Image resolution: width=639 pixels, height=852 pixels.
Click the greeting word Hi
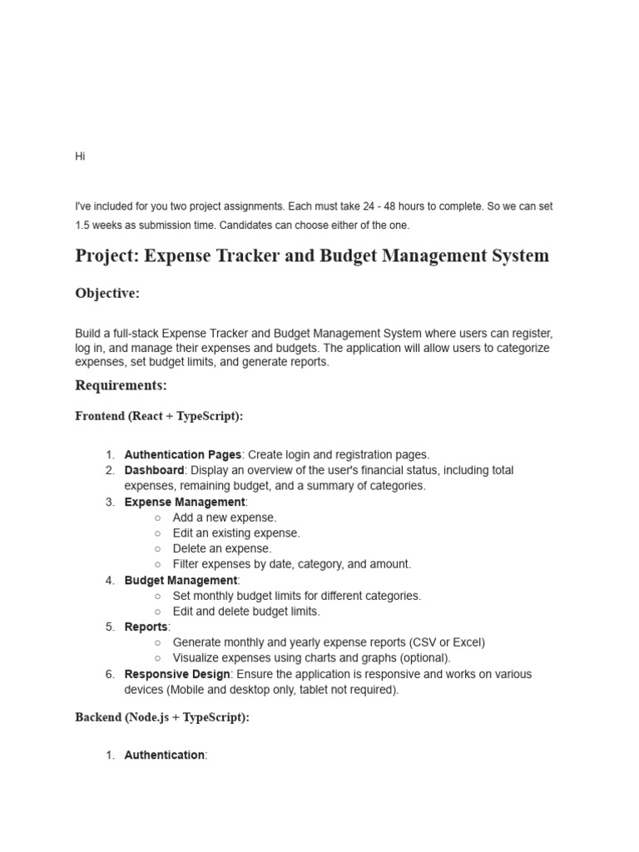click(x=80, y=156)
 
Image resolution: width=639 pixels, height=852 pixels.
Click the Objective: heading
click(x=107, y=293)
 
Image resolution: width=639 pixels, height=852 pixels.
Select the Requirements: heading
click(x=121, y=385)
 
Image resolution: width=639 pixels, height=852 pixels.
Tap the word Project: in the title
click(x=106, y=255)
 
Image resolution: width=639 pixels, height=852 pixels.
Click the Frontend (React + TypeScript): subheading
click(x=159, y=416)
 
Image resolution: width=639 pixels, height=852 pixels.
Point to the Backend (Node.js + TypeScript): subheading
click(x=161, y=717)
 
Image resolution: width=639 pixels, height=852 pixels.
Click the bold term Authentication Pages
click(x=182, y=454)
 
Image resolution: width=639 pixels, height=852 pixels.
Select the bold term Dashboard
click(x=154, y=470)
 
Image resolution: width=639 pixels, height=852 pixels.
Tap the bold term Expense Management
click(x=185, y=502)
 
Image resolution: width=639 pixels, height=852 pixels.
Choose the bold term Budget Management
click(x=181, y=580)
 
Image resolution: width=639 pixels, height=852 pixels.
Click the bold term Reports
click(x=146, y=627)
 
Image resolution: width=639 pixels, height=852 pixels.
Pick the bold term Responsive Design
click(x=176, y=674)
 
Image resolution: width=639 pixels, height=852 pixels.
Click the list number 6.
click(x=110, y=674)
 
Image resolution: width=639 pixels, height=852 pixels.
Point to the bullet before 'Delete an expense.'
click(x=157, y=549)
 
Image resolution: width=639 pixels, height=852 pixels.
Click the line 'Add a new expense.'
click(x=225, y=518)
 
